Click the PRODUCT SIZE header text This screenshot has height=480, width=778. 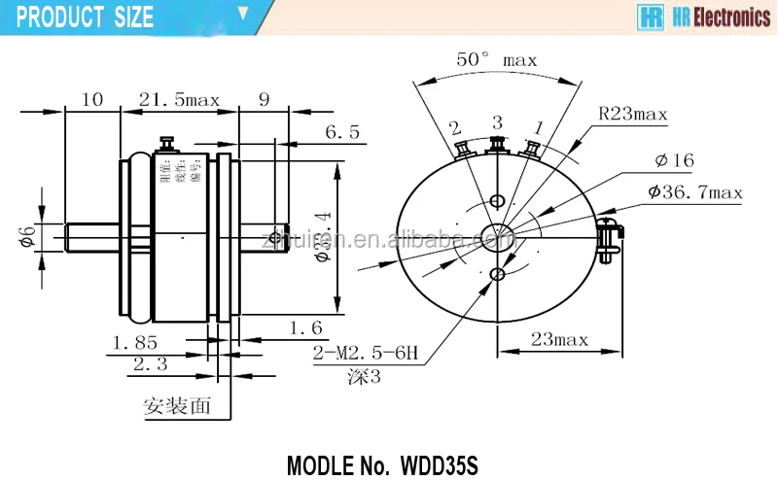click(85, 17)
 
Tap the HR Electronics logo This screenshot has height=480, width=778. click(702, 17)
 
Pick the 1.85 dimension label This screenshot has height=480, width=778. click(135, 342)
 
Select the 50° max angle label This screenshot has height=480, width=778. click(496, 60)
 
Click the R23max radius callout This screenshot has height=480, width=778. click(633, 115)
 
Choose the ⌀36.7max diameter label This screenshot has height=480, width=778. click(693, 193)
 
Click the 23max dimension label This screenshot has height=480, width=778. click(559, 339)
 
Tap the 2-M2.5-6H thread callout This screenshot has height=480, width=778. click(365, 356)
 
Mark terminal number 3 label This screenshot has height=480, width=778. click(497, 121)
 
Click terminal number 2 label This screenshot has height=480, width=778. click(454, 127)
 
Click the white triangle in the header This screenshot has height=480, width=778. click(244, 15)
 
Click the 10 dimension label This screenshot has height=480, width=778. click(92, 99)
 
